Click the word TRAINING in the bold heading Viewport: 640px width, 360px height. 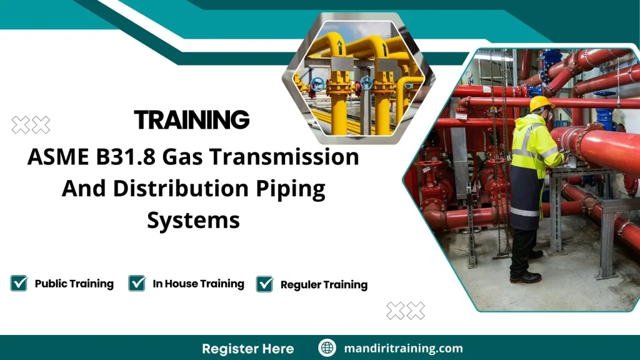click(x=192, y=119)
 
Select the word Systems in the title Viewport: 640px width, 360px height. click(x=193, y=219)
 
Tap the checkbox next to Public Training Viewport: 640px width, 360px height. click(x=19, y=283)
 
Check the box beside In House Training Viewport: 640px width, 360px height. click(x=137, y=283)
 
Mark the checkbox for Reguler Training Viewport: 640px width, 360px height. click(x=265, y=284)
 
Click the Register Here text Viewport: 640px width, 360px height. click(x=247, y=348)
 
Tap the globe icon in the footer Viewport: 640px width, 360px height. click(x=327, y=348)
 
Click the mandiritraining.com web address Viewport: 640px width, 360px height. click(x=403, y=348)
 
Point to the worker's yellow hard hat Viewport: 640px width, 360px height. click(x=541, y=103)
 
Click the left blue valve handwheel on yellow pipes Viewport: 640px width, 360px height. click(x=317, y=84)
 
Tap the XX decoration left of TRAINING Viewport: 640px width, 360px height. click(x=31, y=124)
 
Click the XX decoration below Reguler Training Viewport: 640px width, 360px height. click(x=406, y=310)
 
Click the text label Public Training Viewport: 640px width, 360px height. click(x=74, y=284)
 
